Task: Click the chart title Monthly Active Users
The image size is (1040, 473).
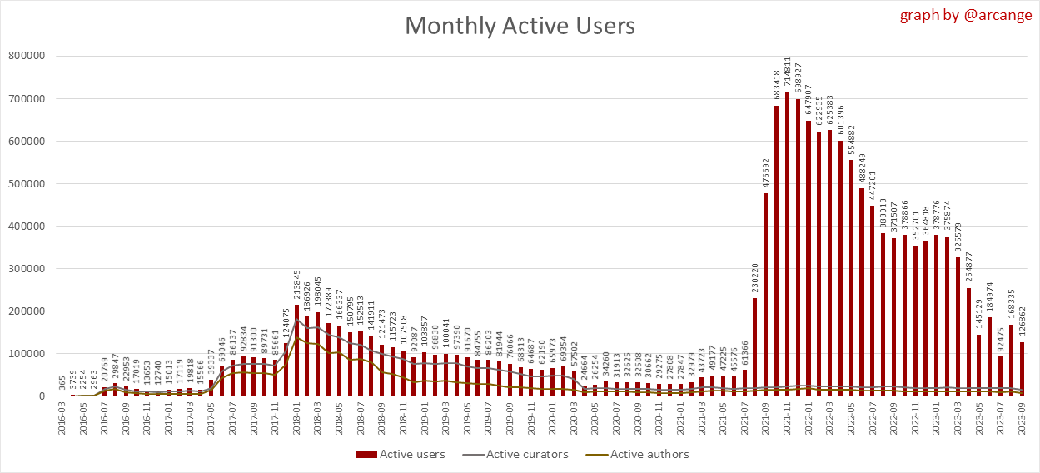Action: point(520,26)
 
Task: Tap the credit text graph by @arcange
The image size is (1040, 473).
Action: point(965,15)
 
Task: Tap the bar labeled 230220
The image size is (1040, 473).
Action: point(755,346)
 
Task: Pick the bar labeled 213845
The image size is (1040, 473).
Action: point(296,350)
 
